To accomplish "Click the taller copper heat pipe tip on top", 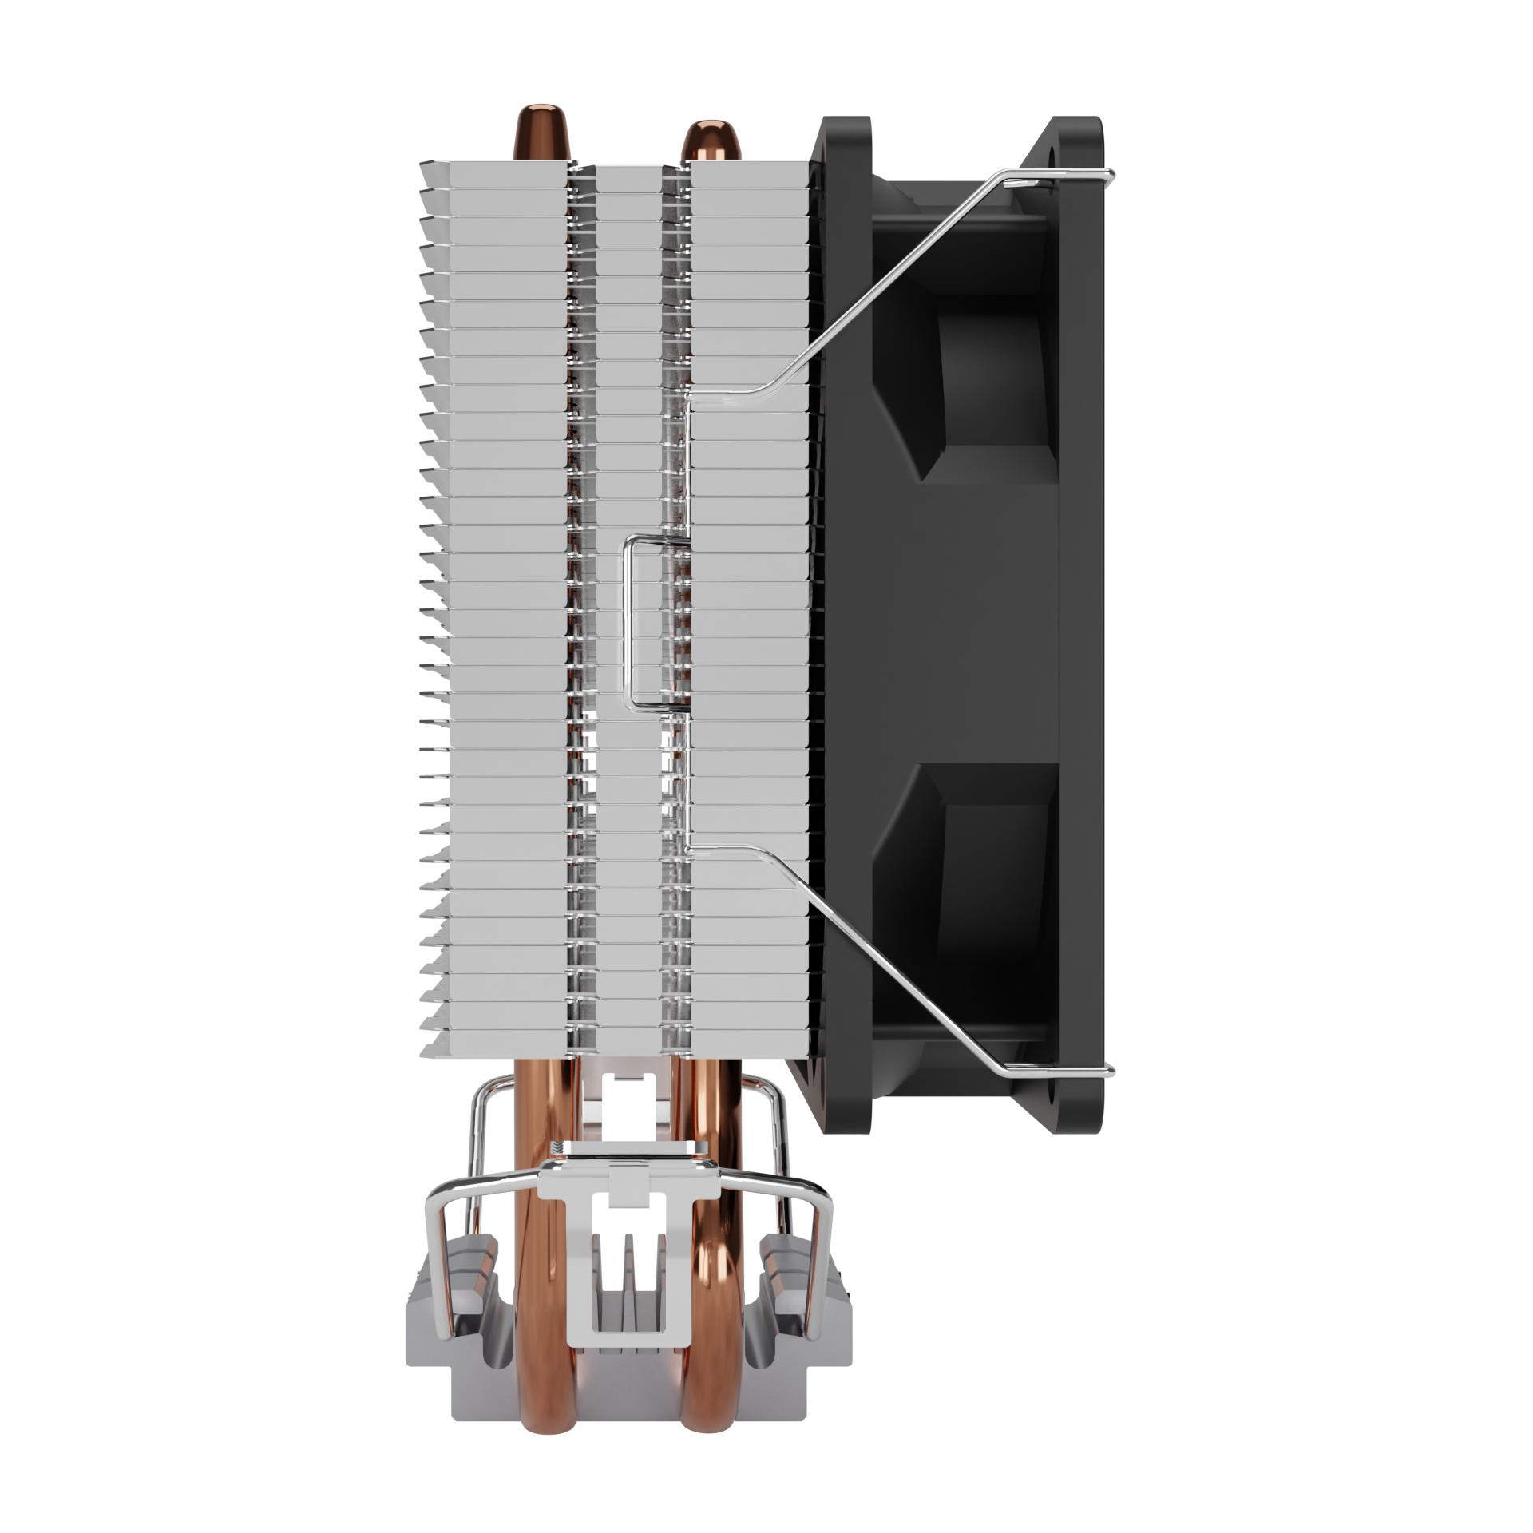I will click(544, 128).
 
